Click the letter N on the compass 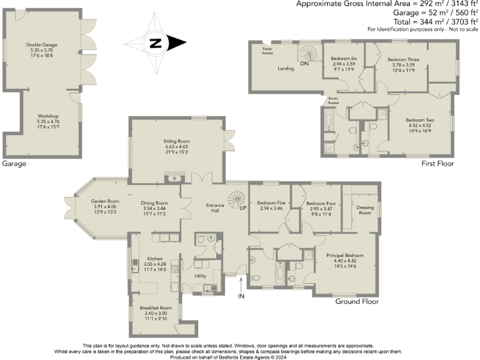pyautogui.click(x=156, y=44)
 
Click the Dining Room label pyautogui.click(x=153, y=203)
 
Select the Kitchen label pyautogui.click(x=155, y=258)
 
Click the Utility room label pyautogui.click(x=201, y=275)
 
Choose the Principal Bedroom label pyautogui.click(x=345, y=256)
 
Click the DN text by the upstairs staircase pyautogui.click(x=305, y=64)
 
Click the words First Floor pyautogui.click(x=437, y=163)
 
